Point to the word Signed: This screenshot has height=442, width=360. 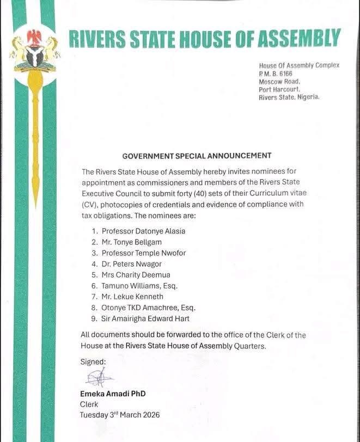(x=93, y=361)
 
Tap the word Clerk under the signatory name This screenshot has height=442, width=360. (x=89, y=404)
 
